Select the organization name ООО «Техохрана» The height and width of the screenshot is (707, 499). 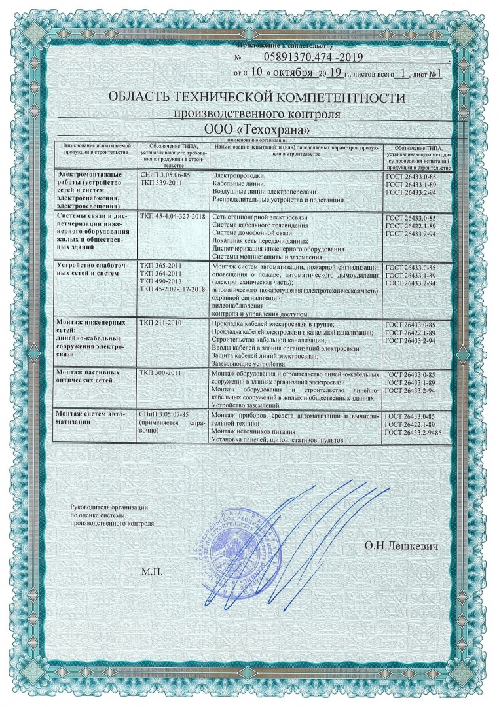[248, 130]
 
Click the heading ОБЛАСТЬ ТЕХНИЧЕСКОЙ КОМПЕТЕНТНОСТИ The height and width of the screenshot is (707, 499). [248, 98]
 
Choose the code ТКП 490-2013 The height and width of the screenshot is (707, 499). [160, 281]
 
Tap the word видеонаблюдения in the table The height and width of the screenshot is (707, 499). [240, 306]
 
